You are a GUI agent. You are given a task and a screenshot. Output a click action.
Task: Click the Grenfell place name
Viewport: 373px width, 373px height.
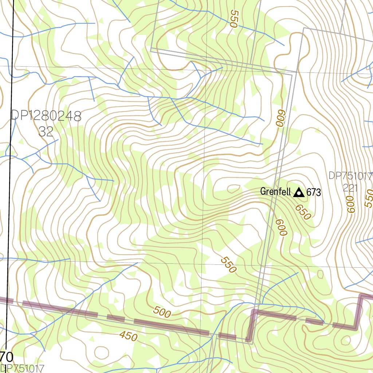pos(275,192)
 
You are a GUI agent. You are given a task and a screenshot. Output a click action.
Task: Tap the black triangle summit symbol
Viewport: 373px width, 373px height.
pos(299,192)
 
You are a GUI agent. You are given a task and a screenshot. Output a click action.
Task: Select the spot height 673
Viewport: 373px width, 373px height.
pos(314,192)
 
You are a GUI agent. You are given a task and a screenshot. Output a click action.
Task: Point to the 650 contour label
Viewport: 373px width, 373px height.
pos(303,212)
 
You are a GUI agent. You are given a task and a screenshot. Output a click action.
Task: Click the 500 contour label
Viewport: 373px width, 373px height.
pos(162,312)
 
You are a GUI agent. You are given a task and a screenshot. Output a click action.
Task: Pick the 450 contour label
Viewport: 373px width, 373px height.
pos(129,336)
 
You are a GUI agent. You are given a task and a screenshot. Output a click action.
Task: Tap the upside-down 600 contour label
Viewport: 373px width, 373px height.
pos(279,118)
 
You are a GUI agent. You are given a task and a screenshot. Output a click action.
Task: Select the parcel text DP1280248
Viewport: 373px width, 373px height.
pos(46,116)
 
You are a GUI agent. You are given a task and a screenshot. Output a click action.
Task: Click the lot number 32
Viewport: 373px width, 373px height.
pos(46,131)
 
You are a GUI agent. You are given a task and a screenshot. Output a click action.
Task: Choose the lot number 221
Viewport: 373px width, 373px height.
pos(350,188)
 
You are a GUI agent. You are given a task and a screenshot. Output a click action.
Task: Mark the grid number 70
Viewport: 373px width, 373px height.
pos(7,356)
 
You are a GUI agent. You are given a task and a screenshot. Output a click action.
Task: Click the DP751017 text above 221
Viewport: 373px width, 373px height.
pos(350,176)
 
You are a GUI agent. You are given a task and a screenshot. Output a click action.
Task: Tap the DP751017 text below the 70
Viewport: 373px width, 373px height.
pos(22,368)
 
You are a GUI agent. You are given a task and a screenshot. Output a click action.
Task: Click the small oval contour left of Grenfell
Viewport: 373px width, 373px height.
pos(232,188)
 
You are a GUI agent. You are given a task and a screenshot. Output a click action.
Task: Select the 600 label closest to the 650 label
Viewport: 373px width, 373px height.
pos(281,227)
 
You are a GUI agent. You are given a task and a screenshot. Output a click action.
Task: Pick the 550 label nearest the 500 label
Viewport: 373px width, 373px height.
pos(229,265)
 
